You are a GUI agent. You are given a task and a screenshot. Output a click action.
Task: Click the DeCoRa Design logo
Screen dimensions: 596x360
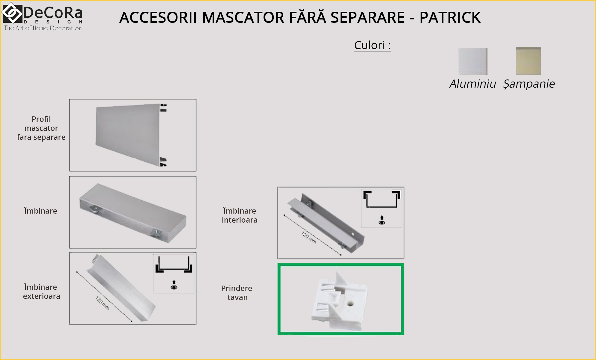42,17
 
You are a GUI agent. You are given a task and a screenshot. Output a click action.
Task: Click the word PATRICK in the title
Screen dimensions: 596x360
450,17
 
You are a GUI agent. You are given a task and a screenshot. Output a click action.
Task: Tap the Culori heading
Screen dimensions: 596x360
372,45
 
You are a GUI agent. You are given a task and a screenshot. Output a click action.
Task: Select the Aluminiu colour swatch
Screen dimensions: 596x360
473,61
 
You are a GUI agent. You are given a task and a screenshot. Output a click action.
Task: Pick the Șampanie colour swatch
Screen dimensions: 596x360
529,61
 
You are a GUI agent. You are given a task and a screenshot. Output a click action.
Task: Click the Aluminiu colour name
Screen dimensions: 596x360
473,84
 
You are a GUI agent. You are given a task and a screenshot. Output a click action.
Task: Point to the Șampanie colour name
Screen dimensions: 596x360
529,84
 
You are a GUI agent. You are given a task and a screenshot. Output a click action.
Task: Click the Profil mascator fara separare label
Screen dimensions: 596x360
41,128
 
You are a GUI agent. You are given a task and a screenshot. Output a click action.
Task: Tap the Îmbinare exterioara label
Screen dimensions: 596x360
41,292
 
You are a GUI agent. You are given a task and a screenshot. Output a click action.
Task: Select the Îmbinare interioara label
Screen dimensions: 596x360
240,215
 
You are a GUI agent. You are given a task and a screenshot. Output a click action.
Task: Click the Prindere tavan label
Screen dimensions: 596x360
237,293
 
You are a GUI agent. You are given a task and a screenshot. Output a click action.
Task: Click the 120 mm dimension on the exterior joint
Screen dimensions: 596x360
102,303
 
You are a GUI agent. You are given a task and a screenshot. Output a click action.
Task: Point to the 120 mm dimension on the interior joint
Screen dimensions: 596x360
309,238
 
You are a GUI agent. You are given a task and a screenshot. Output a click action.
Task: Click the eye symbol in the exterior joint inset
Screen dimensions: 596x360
174,287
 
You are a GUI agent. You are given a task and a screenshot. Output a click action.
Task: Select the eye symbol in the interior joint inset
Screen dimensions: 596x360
382,222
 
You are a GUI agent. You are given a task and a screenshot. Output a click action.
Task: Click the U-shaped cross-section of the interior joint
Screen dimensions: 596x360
382,199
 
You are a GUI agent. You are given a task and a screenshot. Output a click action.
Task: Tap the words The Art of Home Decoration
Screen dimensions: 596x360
43,28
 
